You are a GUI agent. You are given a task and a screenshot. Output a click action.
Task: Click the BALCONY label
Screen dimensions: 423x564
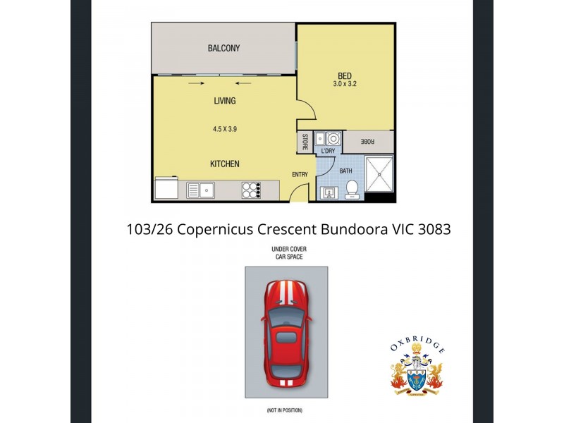(x=223, y=49)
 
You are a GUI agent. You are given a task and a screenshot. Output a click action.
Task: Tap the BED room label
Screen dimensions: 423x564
(x=344, y=76)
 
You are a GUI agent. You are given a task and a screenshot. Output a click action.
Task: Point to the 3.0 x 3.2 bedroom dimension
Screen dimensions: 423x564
(x=344, y=85)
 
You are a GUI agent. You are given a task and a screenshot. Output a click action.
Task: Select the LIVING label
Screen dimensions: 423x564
(x=224, y=101)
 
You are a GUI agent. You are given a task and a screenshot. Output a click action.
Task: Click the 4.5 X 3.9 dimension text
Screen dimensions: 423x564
(x=224, y=130)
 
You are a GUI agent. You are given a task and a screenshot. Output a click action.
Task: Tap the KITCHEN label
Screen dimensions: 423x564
(x=224, y=164)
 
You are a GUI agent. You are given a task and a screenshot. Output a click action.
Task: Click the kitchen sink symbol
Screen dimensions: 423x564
(x=202, y=190)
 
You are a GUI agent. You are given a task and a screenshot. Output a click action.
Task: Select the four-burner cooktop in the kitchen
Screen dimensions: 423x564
(x=251, y=190)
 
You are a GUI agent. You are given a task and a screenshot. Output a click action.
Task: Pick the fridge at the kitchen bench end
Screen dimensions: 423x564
(x=167, y=189)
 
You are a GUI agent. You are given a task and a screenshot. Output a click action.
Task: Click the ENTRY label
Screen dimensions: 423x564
(x=300, y=174)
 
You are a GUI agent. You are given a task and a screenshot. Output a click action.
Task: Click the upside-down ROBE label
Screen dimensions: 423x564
(x=367, y=142)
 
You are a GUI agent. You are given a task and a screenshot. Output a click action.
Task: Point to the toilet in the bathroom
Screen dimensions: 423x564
(x=351, y=188)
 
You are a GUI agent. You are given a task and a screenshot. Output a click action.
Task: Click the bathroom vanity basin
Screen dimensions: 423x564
(x=328, y=191)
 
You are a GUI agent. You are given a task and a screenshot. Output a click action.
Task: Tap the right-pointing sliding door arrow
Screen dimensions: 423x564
(x=194, y=84)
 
